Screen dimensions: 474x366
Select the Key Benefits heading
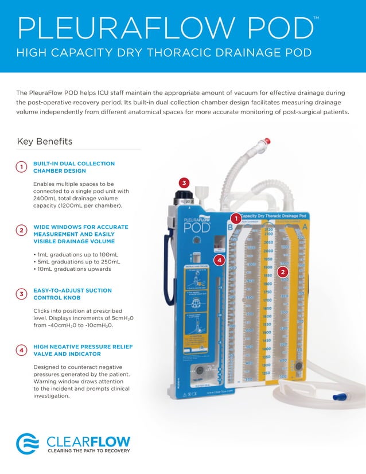[45, 141]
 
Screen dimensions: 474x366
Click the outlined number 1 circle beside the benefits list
[21, 167]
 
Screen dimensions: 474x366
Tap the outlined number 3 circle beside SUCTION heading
[21, 294]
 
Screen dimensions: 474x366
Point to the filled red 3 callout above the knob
[184, 183]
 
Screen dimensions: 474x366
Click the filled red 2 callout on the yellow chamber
[282, 271]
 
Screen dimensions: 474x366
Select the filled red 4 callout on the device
[217, 261]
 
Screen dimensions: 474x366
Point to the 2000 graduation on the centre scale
[267, 251]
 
